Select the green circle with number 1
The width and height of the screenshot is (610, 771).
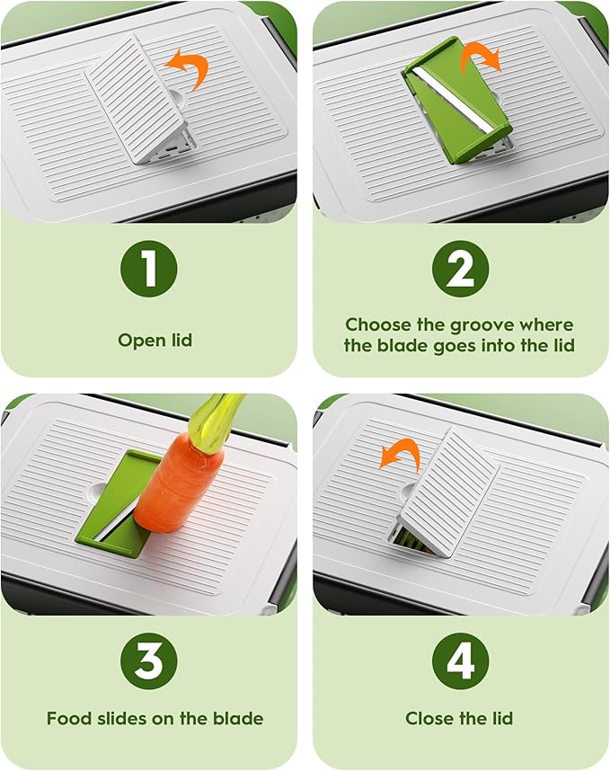(x=148, y=269)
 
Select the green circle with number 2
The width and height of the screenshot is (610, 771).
(x=461, y=269)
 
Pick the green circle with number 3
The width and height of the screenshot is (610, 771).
(x=148, y=660)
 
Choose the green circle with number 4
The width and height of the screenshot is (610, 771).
(x=461, y=660)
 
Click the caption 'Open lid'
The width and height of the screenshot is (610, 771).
(x=155, y=341)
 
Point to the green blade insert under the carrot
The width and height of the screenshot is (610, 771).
(x=113, y=507)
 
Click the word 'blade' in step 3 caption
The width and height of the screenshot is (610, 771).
(x=238, y=718)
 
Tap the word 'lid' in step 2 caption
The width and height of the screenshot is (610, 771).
(x=564, y=346)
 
